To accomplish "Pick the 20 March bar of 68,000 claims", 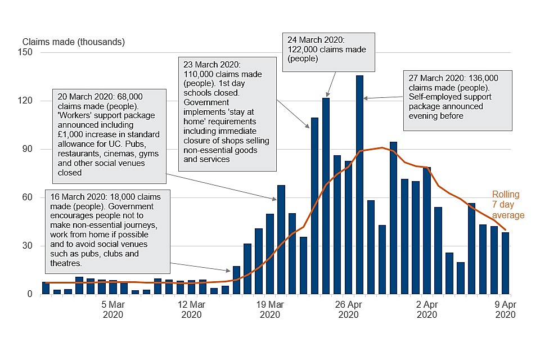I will coord(281,239).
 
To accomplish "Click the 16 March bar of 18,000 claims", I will coord(236,280).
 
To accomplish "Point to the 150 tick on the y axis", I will coord(27,53).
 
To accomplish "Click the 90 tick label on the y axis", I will coord(27,150).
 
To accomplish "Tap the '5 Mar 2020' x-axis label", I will coord(112,310).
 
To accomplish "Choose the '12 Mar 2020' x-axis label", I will coord(191,310).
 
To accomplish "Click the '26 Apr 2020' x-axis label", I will coord(349,310).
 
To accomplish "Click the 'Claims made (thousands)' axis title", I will coord(74,42).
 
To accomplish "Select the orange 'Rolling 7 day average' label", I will coord(508,205).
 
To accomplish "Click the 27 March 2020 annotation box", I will coord(458,100).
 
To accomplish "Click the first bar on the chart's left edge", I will coord(46,288).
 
